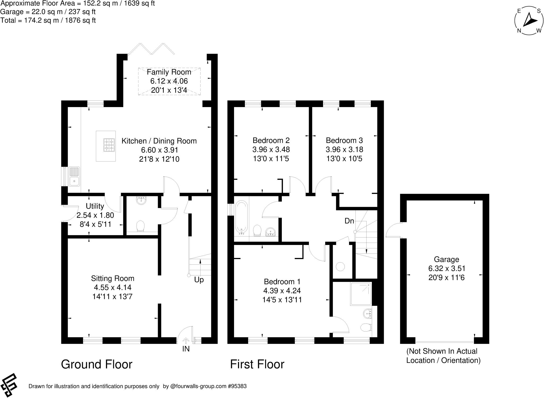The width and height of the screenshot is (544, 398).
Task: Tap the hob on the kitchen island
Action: pyautogui.click(x=109, y=145)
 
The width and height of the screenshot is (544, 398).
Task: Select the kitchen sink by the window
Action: pyautogui.click(x=74, y=176)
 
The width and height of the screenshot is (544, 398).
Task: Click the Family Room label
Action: pyautogui.click(x=169, y=72)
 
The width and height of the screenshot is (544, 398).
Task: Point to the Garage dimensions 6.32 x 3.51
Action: pyautogui.click(x=446, y=268)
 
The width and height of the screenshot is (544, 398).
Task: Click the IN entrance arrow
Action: pyautogui.click(x=186, y=341)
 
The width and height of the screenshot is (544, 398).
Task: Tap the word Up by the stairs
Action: pyautogui.click(x=199, y=280)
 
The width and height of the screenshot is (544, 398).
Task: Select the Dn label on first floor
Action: pyautogui.click(x=349, y=221)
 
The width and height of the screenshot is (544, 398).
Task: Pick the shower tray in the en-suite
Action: pyautogui.click(x=361, y=294)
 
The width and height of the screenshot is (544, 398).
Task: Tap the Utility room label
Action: pyautogui.click(x=95, y=206)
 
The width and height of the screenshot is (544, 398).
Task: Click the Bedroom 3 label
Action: pyautogui.click(x=344, y=140)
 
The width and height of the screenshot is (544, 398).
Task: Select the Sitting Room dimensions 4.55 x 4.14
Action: pyautogui.click(x=112, y=287)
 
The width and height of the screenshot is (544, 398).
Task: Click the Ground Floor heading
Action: pyautogui.click(x=97, y=364)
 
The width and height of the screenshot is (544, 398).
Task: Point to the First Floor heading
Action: pyautogui.click(x=257, y=364)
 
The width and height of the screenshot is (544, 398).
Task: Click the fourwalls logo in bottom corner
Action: pyautogui.click(x=9, y=385)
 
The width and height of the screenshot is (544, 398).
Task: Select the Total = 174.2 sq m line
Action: pyautogui.click(x=48, y=20)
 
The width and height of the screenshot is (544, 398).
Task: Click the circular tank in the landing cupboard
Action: pyautogui.click(x=340, y=266)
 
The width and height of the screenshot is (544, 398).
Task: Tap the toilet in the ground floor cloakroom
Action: pyautogui.click(x=141, y=226)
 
